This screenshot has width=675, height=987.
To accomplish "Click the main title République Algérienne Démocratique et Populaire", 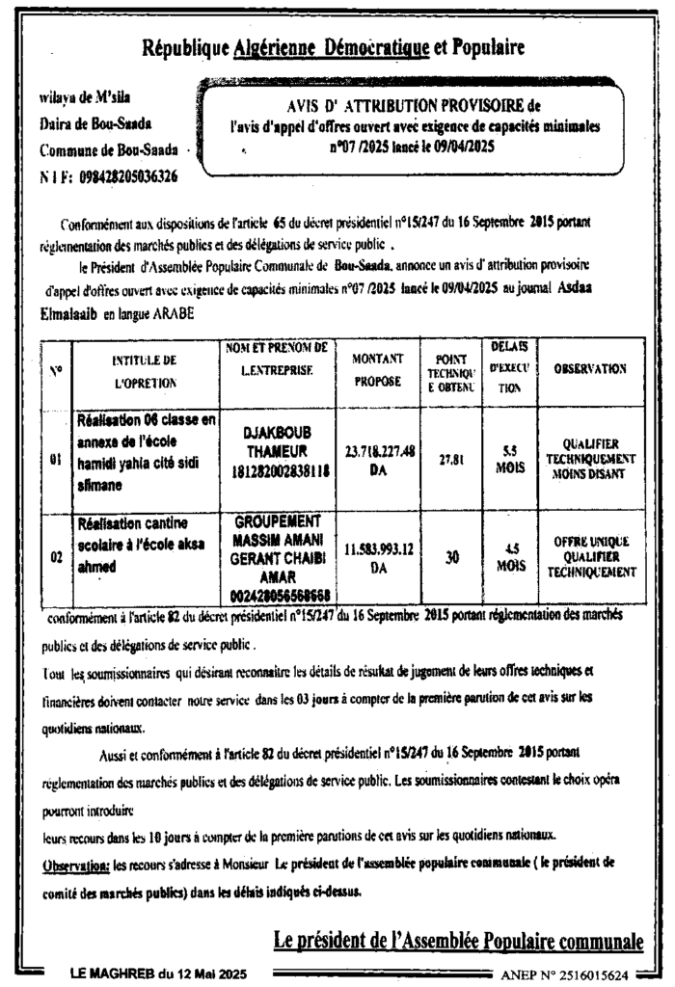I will pyautogui.click(x=333, y=47).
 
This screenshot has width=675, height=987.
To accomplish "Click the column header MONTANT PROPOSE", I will pyautogui.click(x=377, y=369).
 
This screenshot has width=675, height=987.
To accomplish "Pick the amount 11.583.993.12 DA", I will pyautogui.click(x=380, y=557).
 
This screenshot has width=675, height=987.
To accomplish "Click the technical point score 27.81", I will pyautogui.click(x=451, y=460).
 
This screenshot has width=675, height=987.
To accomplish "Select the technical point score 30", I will pyautogui.click(x=451, y=557).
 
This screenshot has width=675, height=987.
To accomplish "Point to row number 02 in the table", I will pyautogui.click(x=57, y=557).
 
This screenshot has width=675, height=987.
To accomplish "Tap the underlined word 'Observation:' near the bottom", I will pyautogui.click(x=76, y=866).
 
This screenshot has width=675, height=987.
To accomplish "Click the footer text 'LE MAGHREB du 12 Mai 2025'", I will pyautogui.click(x=158, y=974).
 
